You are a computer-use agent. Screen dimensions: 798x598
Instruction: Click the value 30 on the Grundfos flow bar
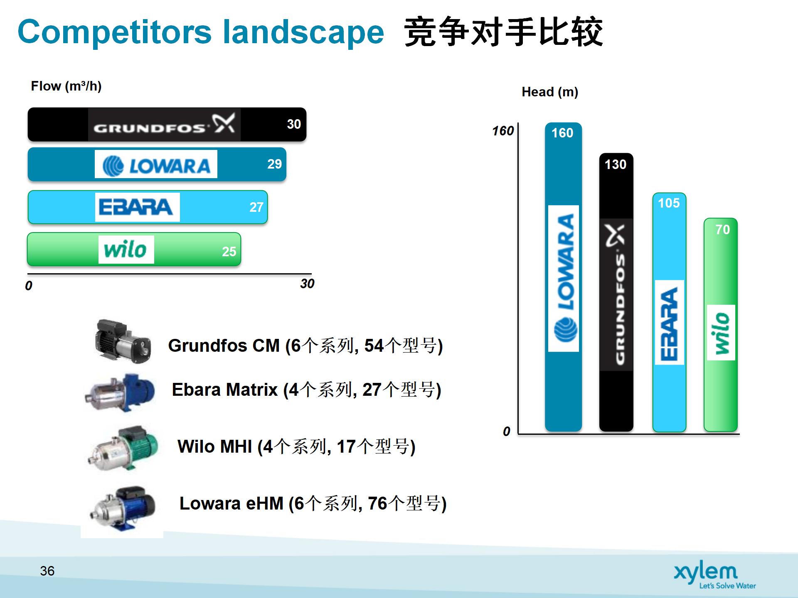point(294,124)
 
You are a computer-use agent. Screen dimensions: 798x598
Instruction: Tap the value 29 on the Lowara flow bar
point(274,164)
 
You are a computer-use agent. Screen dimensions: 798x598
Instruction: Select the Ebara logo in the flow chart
point(137,207)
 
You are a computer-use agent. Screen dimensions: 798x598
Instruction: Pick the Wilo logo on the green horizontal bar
point(126,250)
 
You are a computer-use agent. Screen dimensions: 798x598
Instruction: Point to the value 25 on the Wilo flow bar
point(229,251)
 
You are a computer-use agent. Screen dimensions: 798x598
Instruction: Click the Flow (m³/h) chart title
point(66,86)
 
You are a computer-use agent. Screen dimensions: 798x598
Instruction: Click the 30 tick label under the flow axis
point(307,284)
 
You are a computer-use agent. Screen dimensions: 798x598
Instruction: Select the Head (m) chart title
point(550,92)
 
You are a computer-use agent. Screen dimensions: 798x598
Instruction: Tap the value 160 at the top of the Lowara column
point(562,133)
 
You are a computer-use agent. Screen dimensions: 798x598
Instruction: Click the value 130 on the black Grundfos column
point(615,164)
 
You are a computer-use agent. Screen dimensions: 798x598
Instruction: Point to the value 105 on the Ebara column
point(669,203)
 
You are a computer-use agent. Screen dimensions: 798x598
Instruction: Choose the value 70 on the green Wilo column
point(722,230)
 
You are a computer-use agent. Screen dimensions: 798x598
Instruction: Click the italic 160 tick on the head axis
point(503,131)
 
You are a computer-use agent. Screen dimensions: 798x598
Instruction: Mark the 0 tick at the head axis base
point(506,431)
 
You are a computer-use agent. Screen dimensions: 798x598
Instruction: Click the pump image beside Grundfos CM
point(122,341)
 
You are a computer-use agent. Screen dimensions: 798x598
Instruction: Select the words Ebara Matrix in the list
point(224,390)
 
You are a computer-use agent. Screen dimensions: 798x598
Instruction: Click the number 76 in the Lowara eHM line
point(377,503)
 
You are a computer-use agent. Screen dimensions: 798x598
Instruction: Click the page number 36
point(47,571)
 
